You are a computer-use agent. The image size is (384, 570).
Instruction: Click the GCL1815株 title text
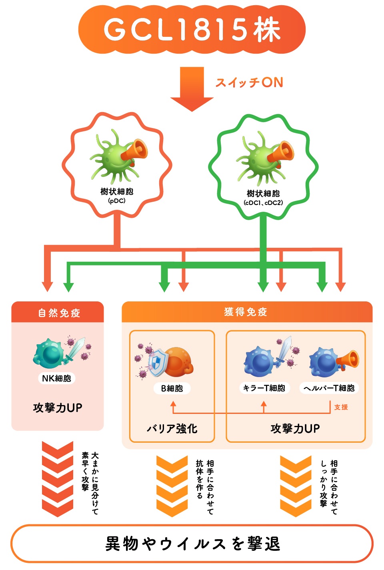[192, 29]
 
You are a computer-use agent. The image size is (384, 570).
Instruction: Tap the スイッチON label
[249, 82]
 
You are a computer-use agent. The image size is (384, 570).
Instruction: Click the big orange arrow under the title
[192, 89]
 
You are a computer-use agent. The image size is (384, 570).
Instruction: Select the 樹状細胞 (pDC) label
[117, 195]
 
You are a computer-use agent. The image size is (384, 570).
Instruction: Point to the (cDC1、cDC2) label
[263, 203]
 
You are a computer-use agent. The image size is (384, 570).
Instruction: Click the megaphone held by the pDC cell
[134, 151]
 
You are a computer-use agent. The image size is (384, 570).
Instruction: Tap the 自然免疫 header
[59, 313]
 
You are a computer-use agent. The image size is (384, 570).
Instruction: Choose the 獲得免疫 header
[246, 312]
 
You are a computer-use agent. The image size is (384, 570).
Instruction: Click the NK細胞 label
[56, 378]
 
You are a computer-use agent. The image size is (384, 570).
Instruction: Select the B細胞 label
[172, 388]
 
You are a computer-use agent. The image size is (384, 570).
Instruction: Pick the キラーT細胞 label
[264, 388]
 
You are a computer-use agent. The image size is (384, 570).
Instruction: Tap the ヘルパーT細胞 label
[329, 388]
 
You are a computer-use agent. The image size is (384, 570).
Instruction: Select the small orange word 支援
[341, 407]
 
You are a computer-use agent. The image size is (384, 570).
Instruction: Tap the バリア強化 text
[172, 429]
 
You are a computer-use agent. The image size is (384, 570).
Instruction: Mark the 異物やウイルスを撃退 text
[192, 544]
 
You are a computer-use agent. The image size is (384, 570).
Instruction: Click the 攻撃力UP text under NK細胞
[58, 407]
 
